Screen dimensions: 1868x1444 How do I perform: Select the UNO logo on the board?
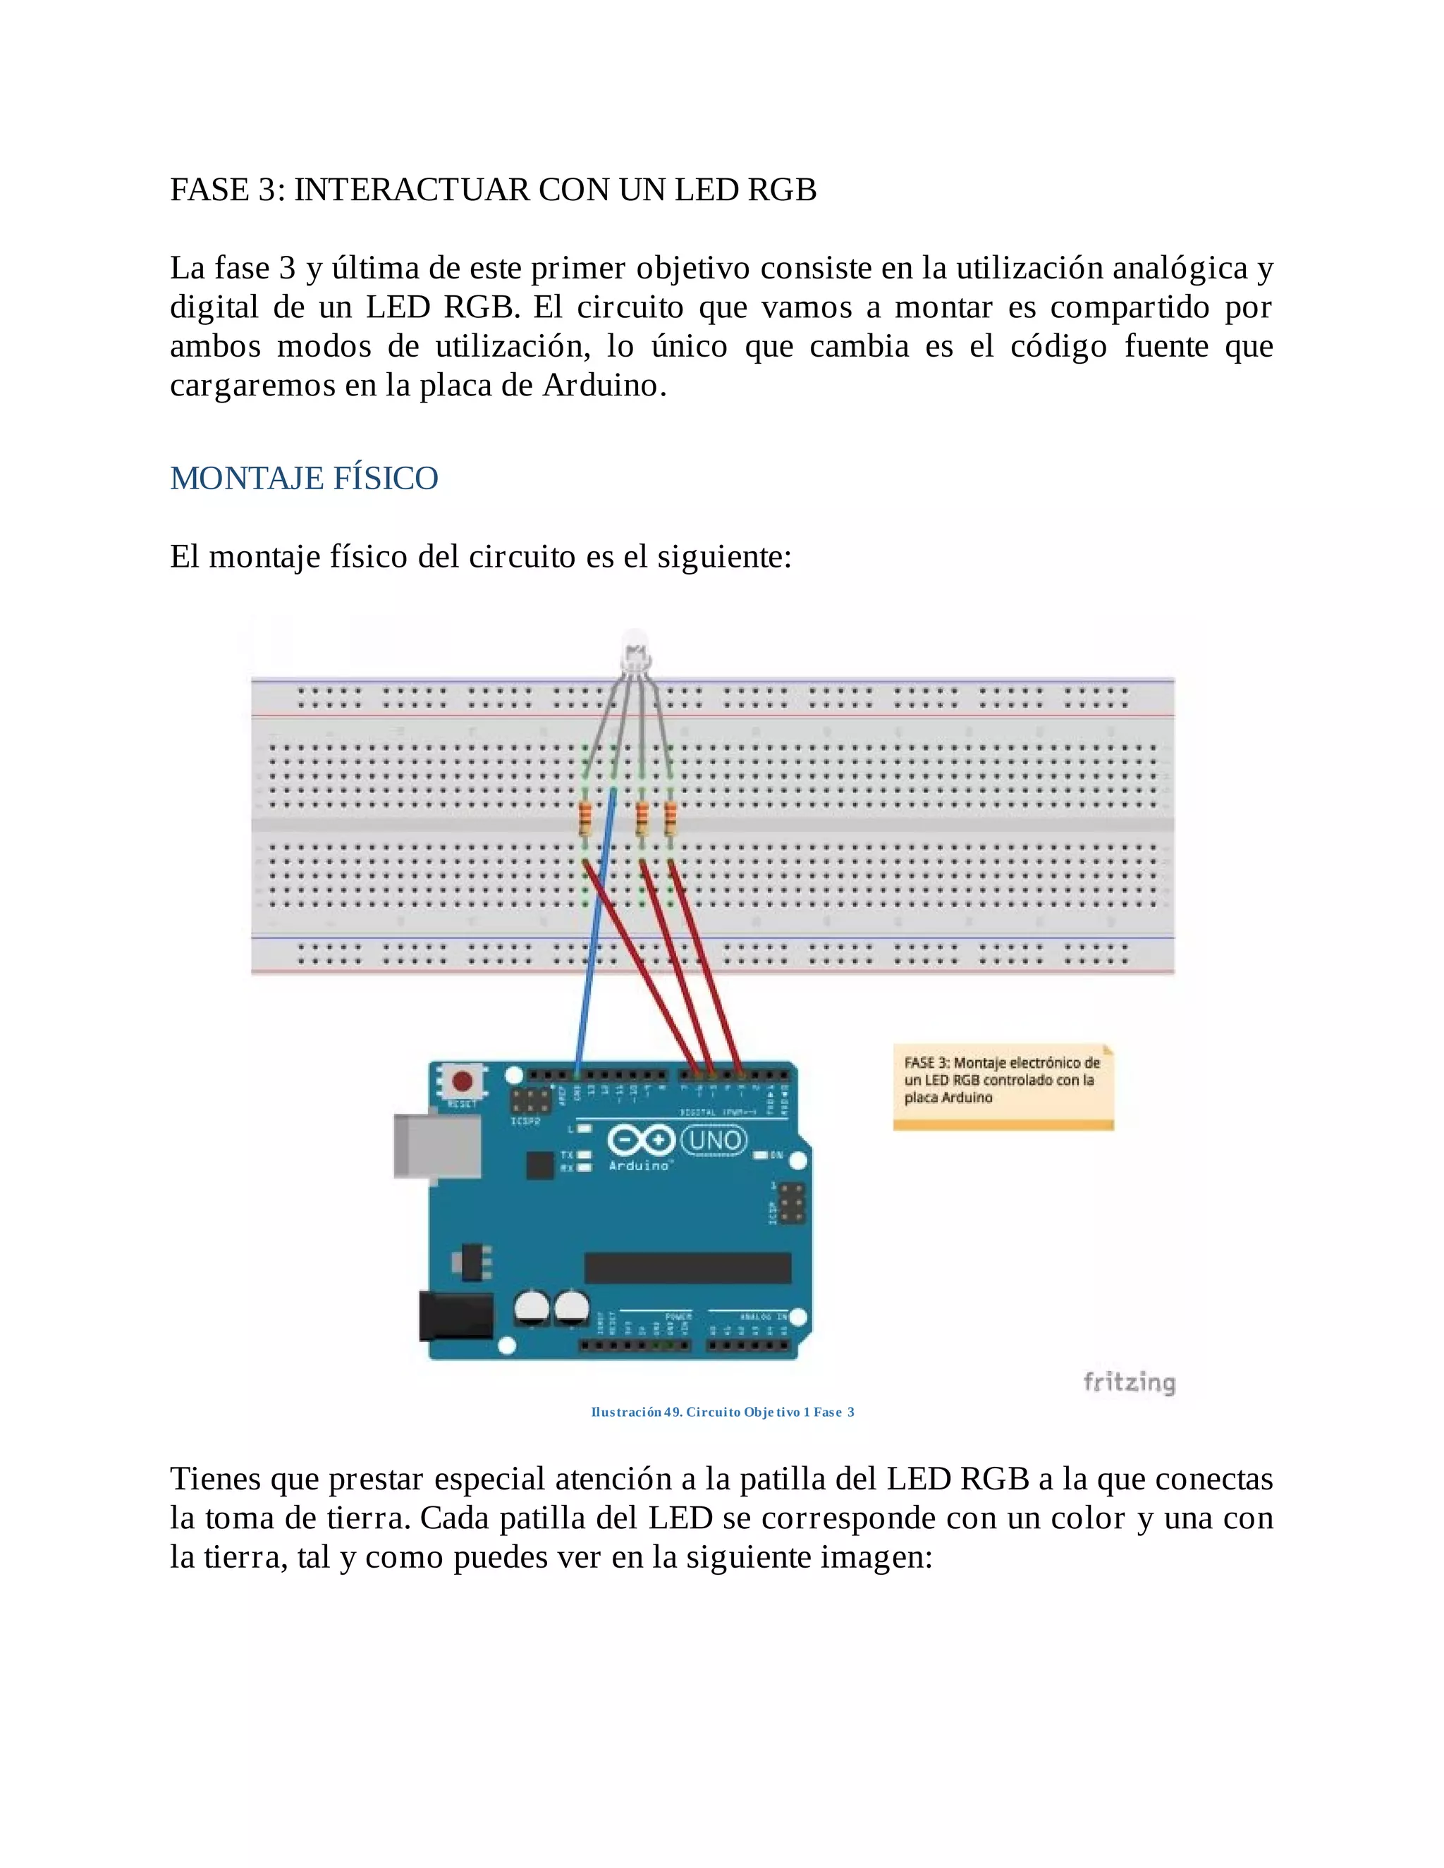pyautogui.click(x=714, y=1140)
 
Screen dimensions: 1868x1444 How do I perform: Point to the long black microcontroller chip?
pyautogui.click(x=687, y=1268)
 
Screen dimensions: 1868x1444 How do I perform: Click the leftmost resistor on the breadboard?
pyautogui.click(x=585, y=819)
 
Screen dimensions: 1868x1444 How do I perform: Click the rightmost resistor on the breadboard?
pyautogui.click(x=670, y=819)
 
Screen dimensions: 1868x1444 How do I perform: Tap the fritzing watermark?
pyautogui.click(x=1130, y=1382)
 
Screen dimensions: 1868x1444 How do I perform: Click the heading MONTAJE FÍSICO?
pyautogui.click(x=304, y=478)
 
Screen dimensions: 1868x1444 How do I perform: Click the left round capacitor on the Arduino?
pyautogui.click(x=531, y=1307)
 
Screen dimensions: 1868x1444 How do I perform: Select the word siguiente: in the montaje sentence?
pyautogui.click(x=723, y=557)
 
